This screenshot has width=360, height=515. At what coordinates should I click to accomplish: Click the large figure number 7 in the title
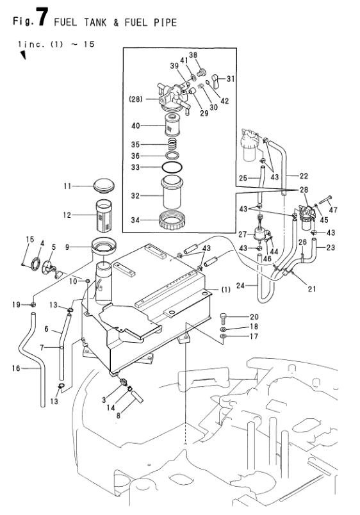click(43, 17)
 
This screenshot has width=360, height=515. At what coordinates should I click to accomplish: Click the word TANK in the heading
click(95, 22)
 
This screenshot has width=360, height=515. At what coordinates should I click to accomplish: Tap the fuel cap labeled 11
click(104, 186)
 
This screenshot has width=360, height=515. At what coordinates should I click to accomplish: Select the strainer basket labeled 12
click(104, 215)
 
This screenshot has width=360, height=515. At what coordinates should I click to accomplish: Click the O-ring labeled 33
click(172, 167)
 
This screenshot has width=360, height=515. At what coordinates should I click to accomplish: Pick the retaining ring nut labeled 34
click(172, 221)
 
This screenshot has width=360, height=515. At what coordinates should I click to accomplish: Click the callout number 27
click(243, 234)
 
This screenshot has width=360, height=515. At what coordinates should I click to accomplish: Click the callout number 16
click(16, 368)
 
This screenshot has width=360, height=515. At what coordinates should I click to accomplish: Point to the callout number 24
click(240, 286)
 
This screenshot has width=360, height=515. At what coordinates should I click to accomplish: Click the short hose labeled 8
click(138, 397)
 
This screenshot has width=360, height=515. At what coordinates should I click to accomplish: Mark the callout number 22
click(304, 176)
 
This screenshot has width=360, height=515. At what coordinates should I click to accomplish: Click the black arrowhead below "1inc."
click(23, 55)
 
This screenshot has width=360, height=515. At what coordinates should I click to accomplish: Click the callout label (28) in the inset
click(135, 99)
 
